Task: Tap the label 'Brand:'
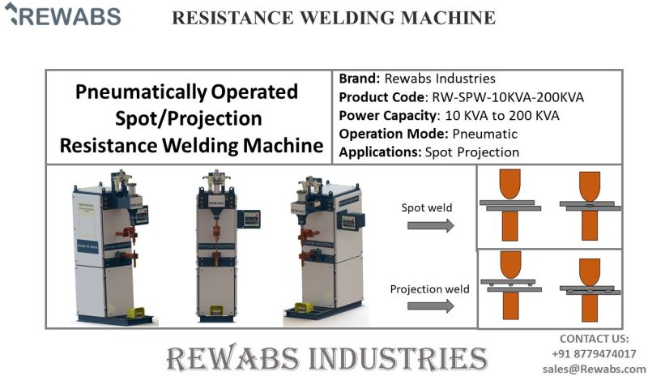click(x=358, y=79)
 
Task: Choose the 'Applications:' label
click(x=377, y=152)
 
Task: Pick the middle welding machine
click(x=215, y=243)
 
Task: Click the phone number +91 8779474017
click(x=595, y=353)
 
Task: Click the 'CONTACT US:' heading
click(x=595, y=339)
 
